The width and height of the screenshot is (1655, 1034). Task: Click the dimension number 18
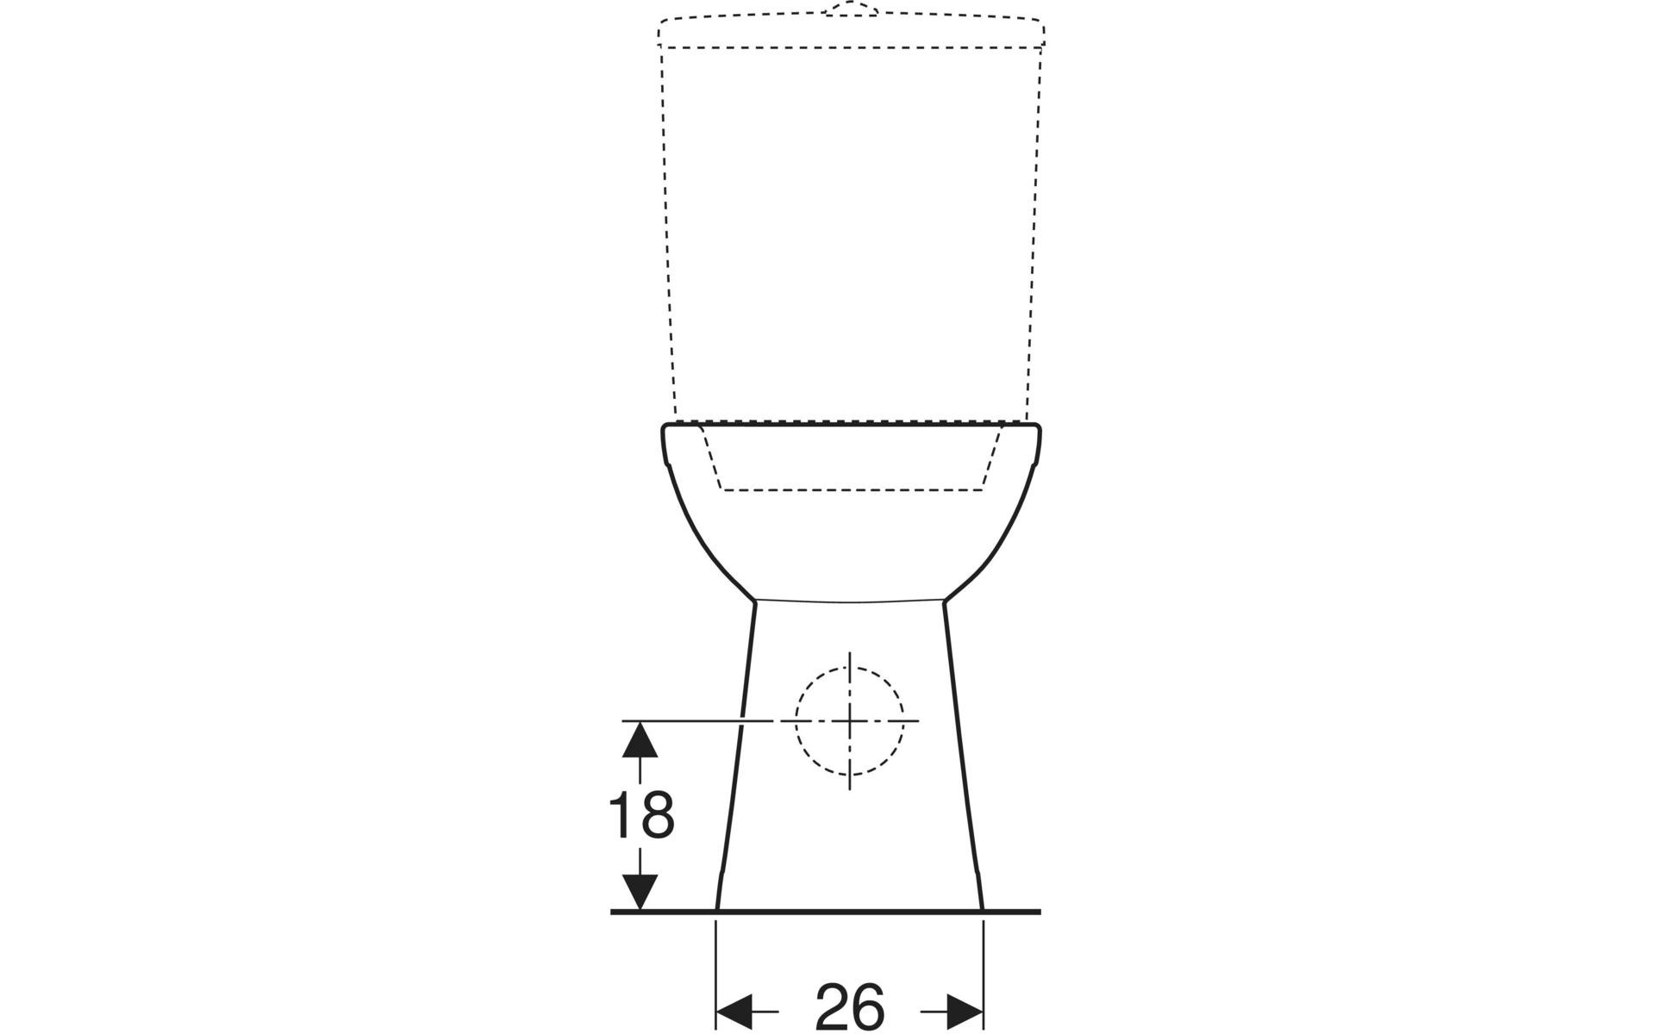[641, 815]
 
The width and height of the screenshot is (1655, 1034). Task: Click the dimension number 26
[850, 1006]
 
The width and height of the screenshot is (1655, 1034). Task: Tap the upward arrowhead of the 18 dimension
[640, 739]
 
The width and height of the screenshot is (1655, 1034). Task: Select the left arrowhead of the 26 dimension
[734, 1011]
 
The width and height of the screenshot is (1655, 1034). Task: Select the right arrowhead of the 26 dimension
[965, 1011]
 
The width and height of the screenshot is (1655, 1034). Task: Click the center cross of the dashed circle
[850, 719]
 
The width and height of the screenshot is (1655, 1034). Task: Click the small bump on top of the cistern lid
[850, 9]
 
